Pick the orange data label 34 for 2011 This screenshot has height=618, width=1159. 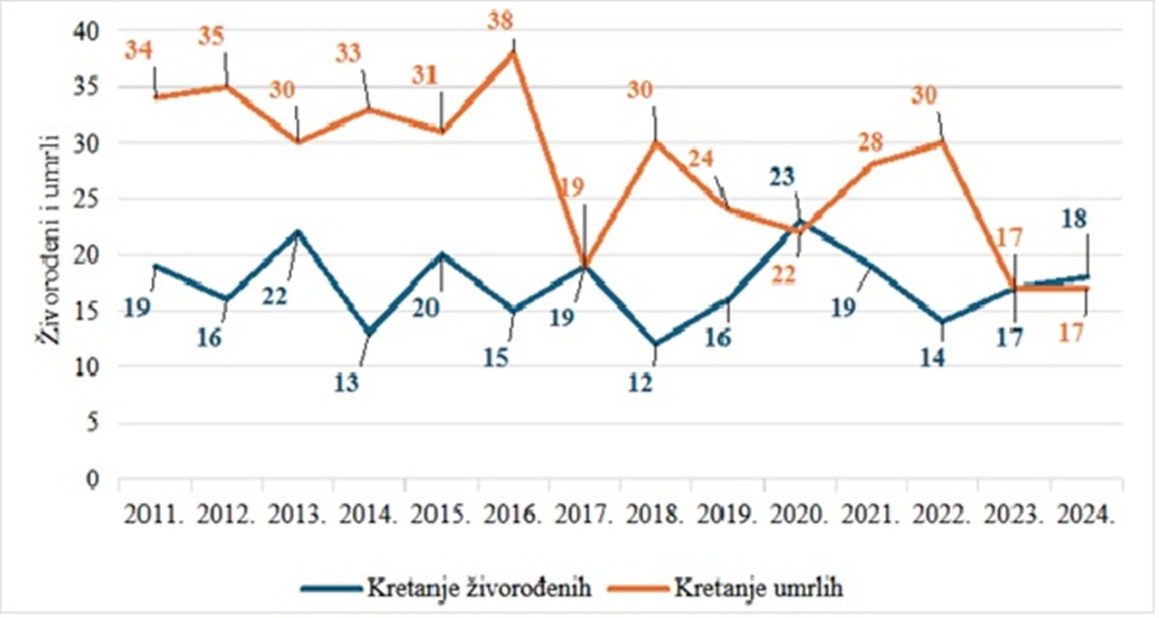(x=138, y=51)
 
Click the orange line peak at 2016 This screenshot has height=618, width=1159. (x=513, y=52)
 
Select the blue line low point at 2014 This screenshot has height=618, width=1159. (x=370, y=334)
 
